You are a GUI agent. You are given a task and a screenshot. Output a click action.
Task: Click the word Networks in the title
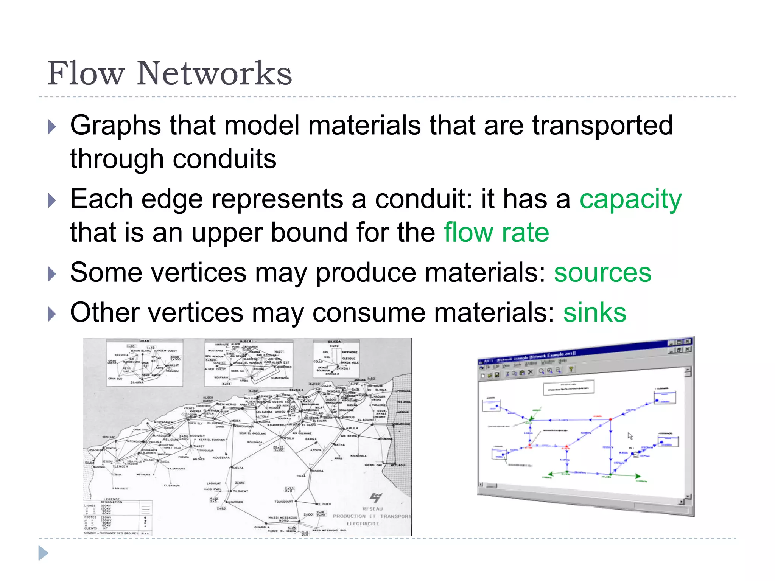pos(214,73)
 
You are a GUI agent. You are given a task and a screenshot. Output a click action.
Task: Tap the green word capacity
pos(630,199)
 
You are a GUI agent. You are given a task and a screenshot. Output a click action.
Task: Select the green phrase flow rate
pos(496,233)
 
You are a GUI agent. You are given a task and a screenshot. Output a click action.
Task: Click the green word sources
pos(602,273)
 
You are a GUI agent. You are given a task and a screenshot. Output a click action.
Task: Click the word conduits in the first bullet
pos(224,159)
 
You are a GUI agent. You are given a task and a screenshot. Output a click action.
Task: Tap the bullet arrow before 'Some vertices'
pos(52,274)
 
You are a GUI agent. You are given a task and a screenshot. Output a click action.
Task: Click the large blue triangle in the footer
pos(43,553)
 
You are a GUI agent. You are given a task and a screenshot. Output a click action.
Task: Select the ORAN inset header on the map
pos(144,341)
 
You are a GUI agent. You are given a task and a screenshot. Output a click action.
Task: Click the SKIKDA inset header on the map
pos(335,341)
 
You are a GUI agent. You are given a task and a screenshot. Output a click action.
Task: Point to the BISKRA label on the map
pos(317,471)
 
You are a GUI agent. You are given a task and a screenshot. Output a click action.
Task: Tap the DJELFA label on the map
pos(238,468)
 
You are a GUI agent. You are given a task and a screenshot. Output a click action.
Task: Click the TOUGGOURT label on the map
pos(283,502)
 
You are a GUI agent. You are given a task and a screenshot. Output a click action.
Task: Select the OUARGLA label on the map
pos(262,527)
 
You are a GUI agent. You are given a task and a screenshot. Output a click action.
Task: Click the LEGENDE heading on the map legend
pos(112,499)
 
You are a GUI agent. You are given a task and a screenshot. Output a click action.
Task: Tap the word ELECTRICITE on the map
pos(363,524)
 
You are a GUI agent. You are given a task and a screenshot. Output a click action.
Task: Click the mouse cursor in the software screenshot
pos(630,436)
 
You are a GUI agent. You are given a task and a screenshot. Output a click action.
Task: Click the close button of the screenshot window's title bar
pos(688,342)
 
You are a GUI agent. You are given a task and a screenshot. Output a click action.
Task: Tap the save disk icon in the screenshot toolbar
pos(497,374)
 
